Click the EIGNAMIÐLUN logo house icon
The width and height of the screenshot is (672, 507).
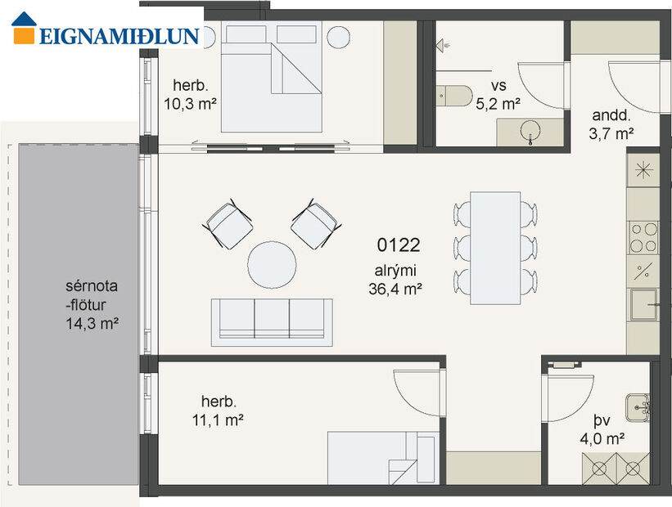click(25, 27)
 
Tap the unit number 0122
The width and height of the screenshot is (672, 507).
click(399, 245)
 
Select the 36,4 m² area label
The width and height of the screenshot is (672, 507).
click(395, 287)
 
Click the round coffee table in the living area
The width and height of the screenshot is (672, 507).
click(273, 264)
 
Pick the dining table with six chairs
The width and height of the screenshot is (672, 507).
click(495, 247)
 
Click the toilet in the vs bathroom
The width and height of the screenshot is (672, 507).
click(451, 96)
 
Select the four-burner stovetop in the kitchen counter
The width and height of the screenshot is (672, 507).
click(643, 237)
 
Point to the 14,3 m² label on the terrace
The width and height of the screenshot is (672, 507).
click(92, 323)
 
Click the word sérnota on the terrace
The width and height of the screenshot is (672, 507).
click(92, 287)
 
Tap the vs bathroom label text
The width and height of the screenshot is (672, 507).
click(498, 86)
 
